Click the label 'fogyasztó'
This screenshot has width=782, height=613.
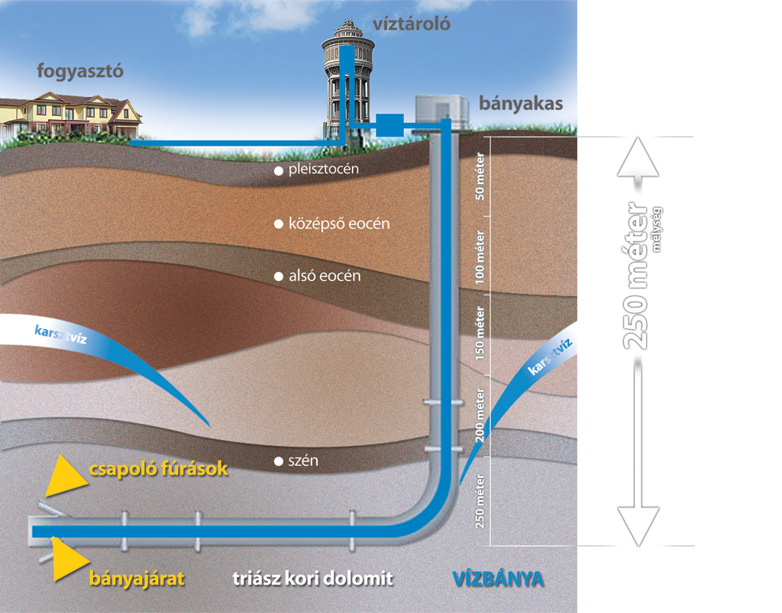click(x=80, y=72)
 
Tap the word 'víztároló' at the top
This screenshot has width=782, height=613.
click(x=412, y=24)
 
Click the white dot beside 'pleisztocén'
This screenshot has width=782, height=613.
click(x=280, y=169)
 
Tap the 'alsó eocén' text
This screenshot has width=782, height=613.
click(x=324, y=275)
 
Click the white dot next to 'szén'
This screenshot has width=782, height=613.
click(x=280, y=461)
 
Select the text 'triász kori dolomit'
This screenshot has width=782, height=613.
click(x=312, y=578)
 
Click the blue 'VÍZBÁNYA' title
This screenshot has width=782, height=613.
click(x=497, y=578)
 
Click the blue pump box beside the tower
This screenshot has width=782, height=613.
click(x=390, y=124)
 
